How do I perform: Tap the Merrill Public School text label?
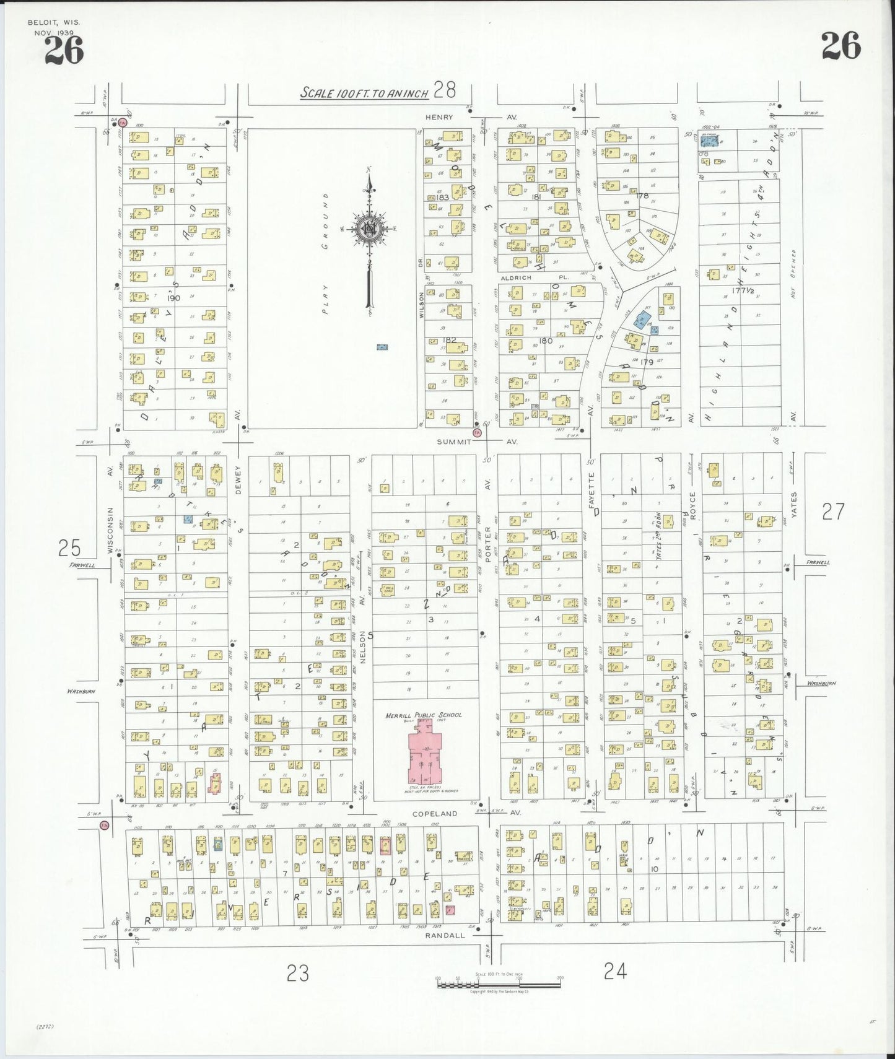(x=424, y=715)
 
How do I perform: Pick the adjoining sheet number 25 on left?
(x=69, y=548)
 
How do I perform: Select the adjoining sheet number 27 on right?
(x=833, y=512)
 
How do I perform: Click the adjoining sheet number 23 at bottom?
(x=297, y=974)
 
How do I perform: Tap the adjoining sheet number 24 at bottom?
(x=614, y=972)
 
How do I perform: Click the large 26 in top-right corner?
(x=840, y=46)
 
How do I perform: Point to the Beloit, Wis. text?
(x=53, y=22)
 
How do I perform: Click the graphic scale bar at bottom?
(x=499, y=984)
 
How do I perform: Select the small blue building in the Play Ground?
(x=382, y=347)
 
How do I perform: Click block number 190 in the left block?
(x=173, y=298)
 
